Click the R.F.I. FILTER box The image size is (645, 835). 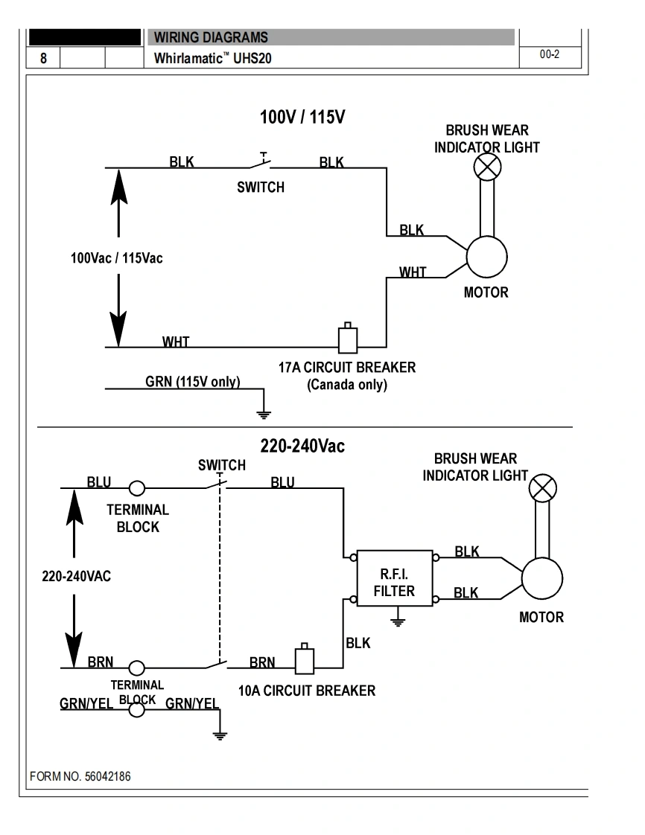pyautogui.click(x=395, y=578)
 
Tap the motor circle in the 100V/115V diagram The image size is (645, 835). pyautogui.click(x=486, y=257)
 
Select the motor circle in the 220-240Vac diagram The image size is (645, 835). pyautogui.click(x=541, y=578)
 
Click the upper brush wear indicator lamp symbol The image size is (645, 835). pyautogui.click(x=488, y=167)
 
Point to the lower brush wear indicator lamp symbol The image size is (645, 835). pyautogui.click(x=542, y=489)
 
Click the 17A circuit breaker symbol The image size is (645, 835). pyautogui.click(x=348, y=339)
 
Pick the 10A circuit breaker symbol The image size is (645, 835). pyautogui.click(x=305, y=659)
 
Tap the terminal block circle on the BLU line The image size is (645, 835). pyautogui.click(x=137, y=488)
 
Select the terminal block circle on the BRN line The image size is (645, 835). pyautogui.click(x=137, y=668)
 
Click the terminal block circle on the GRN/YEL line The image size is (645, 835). pyautogui.click(x=137, y=709)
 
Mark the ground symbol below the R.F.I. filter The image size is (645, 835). pyautogui.click(x=398, y=621)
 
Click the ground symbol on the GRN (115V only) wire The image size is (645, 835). pyautogui.click(x=264, y=413)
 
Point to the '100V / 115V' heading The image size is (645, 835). pyautogui.click(x=302, y=118)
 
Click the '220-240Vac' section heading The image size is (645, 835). pyautogui.click(x=302, y=447)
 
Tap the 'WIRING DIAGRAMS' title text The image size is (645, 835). pyautogui.click(x=211, y=37)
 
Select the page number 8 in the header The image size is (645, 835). pyautogui.click(x=43, y=58)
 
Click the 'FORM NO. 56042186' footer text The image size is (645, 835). pyautogui.click(x=80, y=776)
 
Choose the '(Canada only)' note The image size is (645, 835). pyautogui.click(x=347, y=385)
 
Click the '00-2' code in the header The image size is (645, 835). pyautogui.click(x=549, y=56)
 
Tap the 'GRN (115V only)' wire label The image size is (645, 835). pyautogui.click(x=192, y=382)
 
